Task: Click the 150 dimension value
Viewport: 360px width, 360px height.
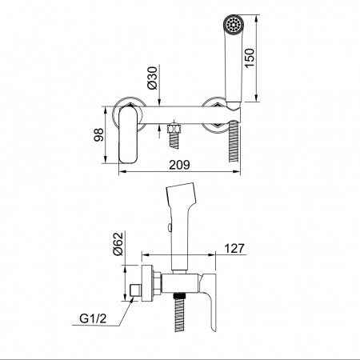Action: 250,58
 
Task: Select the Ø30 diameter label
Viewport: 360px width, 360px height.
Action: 152,78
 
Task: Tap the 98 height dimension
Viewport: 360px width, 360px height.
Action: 98,135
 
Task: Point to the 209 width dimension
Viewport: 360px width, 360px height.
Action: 180,165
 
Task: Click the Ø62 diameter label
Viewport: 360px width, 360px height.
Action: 118,244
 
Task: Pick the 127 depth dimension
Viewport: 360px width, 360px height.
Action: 234,248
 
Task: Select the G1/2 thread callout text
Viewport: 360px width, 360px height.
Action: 93,318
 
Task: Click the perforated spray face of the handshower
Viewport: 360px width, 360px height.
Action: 234,25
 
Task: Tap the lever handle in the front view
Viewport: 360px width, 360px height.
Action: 128,134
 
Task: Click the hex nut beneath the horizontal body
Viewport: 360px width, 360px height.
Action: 174,128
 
